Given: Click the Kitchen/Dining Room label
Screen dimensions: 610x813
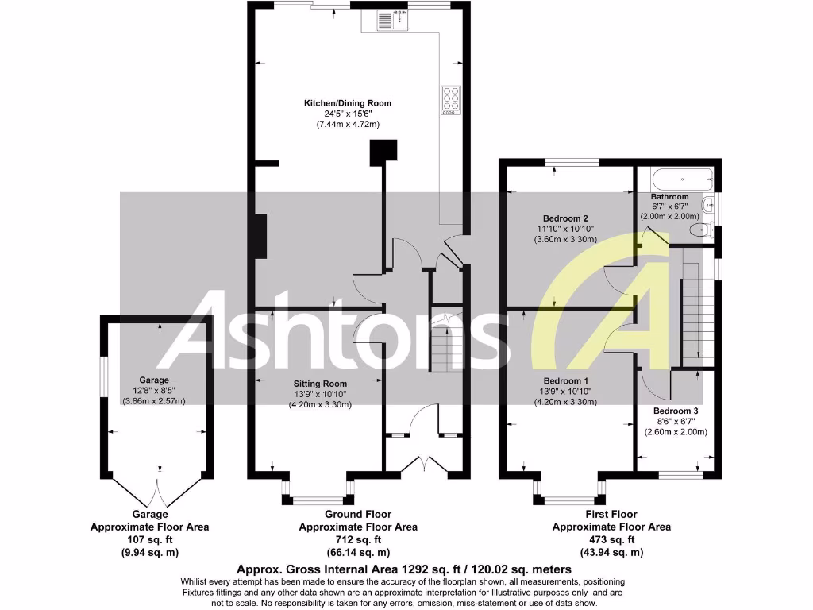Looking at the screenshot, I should coord(348,103).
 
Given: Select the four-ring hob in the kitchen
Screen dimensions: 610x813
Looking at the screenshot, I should coord(451,99).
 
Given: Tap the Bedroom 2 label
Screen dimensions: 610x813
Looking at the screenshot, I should coord(565,218).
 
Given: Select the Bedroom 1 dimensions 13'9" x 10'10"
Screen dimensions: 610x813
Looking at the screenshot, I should coord(564,392).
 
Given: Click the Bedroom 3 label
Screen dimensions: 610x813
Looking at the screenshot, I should coord(675,411).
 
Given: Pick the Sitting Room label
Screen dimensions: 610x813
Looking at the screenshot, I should coord(320,384).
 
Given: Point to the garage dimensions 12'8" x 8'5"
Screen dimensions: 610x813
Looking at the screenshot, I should coord(153,390).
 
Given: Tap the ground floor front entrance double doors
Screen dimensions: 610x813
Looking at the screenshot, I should coord(425,465).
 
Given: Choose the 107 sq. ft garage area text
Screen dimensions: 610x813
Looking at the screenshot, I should coord(142,539).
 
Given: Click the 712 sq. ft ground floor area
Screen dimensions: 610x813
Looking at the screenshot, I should coord(357,539).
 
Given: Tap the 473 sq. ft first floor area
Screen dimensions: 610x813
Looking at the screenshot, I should coord(611,539).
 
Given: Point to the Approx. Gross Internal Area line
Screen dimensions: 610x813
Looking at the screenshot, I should coord(404,569).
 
